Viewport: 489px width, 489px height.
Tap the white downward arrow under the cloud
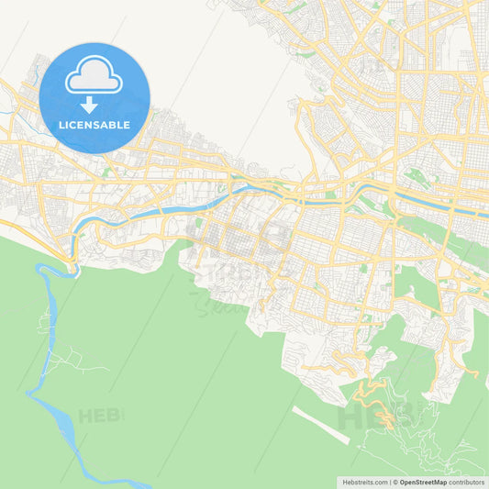89,105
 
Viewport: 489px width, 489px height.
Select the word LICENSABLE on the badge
94,124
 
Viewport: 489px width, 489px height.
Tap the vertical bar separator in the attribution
392,482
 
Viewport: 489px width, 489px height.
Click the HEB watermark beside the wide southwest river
99,416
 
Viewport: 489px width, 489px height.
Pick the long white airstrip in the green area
321,425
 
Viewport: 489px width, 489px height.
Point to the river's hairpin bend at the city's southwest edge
72,265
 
